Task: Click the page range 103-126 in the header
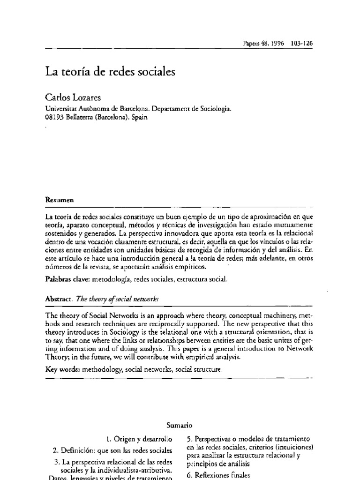(302, 42)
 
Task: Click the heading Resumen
(60, 199)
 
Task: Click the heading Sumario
(180, 425)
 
